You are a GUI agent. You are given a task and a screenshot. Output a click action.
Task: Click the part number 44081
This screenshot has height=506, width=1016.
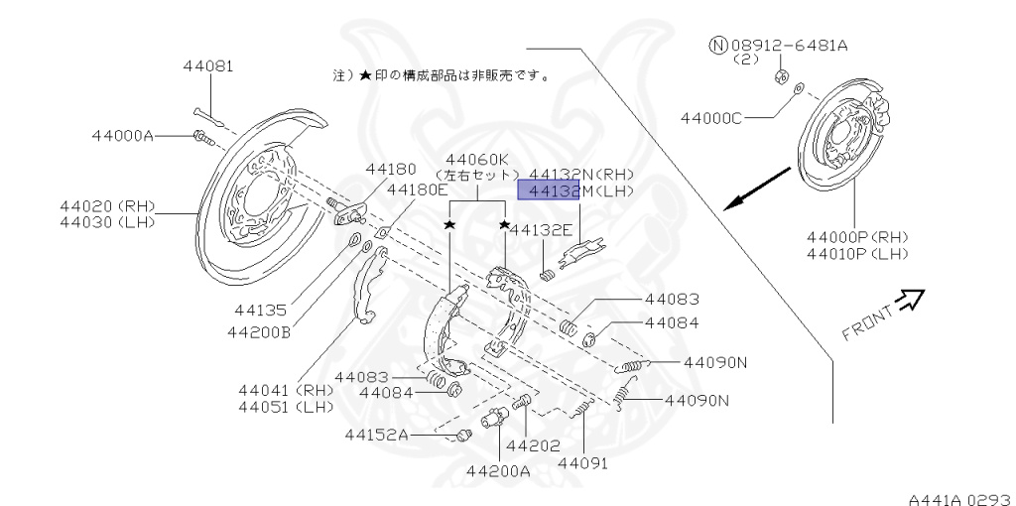(208, 66)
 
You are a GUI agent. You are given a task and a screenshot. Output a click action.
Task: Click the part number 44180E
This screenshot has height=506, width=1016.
(418, 190)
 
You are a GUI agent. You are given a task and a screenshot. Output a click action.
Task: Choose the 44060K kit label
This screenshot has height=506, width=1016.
(477, 160)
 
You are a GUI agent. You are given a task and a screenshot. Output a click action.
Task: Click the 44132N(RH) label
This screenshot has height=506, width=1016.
(580, 173)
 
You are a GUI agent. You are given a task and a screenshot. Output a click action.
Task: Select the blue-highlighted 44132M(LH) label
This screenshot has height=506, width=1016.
(580, 190)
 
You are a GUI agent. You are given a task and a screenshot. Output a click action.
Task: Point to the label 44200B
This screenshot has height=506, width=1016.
(258, 331)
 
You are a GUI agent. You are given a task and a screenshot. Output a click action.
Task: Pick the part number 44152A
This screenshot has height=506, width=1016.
(377, 435)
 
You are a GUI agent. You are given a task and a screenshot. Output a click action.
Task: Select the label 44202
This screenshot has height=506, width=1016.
(533, 445)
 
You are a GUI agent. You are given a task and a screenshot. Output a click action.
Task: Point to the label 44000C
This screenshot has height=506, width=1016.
(710, 118)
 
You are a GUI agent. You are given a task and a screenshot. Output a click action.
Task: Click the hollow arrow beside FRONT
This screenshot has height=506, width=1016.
(909, 299)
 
